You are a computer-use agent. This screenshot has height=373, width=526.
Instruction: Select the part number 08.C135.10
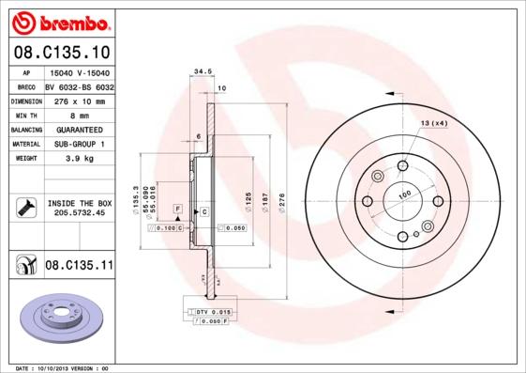[x=60, y=52]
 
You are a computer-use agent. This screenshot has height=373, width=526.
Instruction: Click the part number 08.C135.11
[x=79, y=266]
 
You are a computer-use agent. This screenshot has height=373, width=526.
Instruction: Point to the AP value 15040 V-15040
[x=80, y=72]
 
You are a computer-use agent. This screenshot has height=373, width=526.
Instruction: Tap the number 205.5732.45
[x=79, y=212]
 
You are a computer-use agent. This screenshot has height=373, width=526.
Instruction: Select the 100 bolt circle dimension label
[x=405, y=194]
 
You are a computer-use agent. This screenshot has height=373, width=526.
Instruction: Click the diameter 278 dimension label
[x=282, y=203]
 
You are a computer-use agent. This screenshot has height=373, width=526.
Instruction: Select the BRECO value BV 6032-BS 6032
[x=80, y=85]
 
